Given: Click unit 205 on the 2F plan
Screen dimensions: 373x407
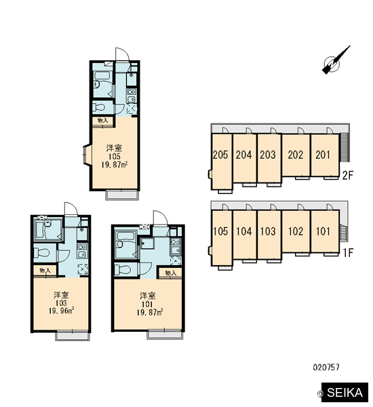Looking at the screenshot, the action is pyautogui.click(x=220, y=161).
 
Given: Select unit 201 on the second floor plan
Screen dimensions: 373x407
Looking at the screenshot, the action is pyautogui.click(x=325, y=155).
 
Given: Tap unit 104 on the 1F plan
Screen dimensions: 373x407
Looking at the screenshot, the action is pyautogui.click(x=245, y=235).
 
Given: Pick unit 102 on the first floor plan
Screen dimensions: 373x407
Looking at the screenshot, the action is pyautogui.click(x=296, y=231).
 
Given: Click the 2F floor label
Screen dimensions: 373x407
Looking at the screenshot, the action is pyautogui.click(x=347, y=175).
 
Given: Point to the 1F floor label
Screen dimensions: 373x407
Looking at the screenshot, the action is pyautogui.click(x=348, y=252).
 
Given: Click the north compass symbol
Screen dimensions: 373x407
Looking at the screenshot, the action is pyautogui.click(x=334, y=61).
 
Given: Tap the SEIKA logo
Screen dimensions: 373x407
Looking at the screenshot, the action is pyautogui.click(x=345, y=392).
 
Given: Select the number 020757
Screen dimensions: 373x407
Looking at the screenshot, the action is pyautogui.click(x=326, y=367).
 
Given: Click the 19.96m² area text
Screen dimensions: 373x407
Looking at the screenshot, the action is pyautogui.click(x=62, y=311).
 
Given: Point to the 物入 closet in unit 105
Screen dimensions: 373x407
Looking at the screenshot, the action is pyautogui.click(x=103, y=121).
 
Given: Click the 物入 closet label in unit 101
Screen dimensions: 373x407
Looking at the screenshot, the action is pyautogui.click(x=170, y=273).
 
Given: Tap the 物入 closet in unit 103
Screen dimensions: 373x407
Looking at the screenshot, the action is pyautogui.click(x=45, y=270).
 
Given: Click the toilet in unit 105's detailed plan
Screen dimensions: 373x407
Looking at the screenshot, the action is pyautogui.click(x=99, y=107).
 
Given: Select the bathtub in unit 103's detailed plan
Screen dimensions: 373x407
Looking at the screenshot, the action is pyautogui.click(x=45, y=230).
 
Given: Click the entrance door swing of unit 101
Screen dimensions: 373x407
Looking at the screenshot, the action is pyautogui.click(x=160, y=218).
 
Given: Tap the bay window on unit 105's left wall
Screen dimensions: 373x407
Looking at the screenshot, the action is pyautogui.click(x=86, y=155).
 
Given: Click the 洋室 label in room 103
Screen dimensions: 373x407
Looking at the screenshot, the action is pyautogui.click(x=61, y=295).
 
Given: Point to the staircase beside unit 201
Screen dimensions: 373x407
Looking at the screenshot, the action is pyautogui.click(x=345, y=147).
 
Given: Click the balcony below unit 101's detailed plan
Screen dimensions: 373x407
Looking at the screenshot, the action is pyautogui.click(x=165, y=335).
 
